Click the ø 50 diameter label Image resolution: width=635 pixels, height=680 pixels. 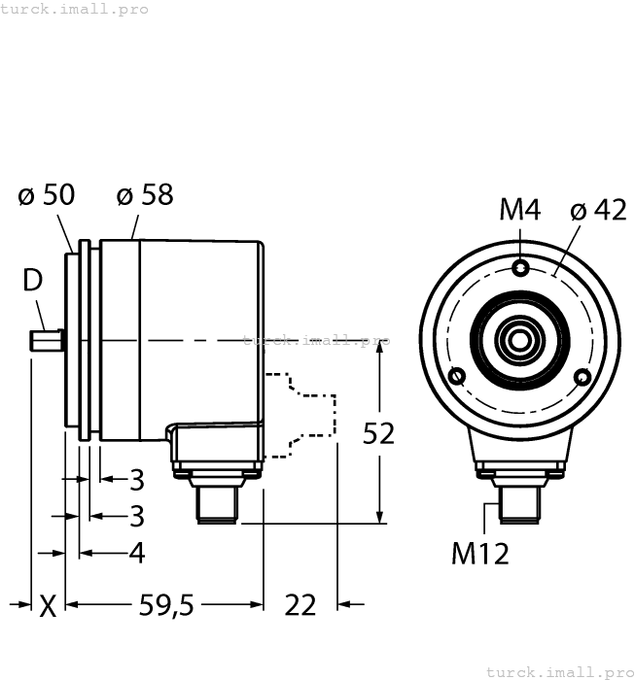[46, 195]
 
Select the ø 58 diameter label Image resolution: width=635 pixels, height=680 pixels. [145, 195]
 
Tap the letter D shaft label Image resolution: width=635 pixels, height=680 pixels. [33, 281]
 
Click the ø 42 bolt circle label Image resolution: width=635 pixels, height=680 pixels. [599, 210]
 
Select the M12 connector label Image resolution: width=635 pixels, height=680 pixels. [480, 554]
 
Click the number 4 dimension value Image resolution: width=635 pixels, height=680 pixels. [137, 553]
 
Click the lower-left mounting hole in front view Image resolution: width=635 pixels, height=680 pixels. [456, 377]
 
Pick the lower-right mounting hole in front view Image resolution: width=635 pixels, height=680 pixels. [582, 377]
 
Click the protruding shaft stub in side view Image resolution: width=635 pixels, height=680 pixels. [46, 340]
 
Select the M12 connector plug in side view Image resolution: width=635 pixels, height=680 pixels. [219, 501]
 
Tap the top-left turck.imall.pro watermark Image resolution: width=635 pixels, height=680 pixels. [75, 9]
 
